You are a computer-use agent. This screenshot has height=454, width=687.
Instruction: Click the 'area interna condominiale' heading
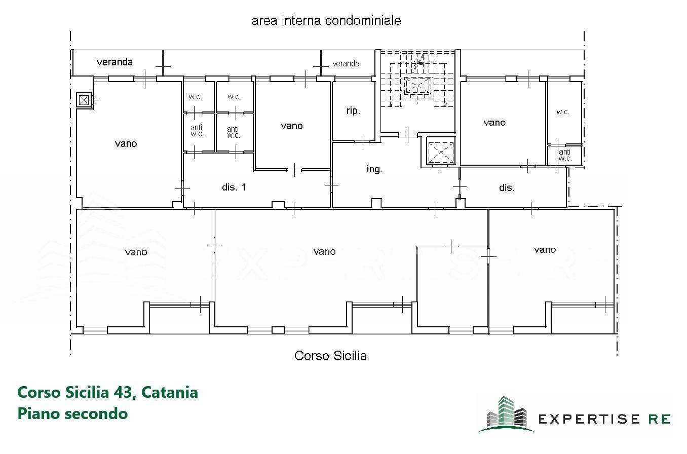pyautogui.click(x=326, y=21)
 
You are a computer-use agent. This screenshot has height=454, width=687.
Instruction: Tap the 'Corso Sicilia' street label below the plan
pyautogui.click(x=330, y=356)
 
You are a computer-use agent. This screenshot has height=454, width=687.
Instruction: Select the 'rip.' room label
pyautogui.click(x=353, y=111)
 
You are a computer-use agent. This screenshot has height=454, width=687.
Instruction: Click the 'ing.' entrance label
pyautogui.click(x=374, y=170)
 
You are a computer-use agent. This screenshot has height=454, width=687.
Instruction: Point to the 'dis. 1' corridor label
pyautogui.click(x=234, y=187)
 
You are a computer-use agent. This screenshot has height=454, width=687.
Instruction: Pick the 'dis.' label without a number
pyautogui.click(x=507, y=188)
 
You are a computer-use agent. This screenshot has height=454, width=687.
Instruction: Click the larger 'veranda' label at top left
pyautogui.click(x=114, y=62)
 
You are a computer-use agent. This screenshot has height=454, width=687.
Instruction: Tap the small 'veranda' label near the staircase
pyautogui.click(x=346, y=63)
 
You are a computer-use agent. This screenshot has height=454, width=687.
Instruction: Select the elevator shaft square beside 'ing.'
pyautogui.click(x=440, y=152)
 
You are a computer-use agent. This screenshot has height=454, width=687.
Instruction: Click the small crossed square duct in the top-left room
pyautogui.click(x=84, y=100)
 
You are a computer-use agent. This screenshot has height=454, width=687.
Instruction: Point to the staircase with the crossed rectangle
pyautogui.click(x=418, y=85)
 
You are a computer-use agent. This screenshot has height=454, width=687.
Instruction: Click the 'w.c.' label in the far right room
pyautogui.click(x=563, y=112)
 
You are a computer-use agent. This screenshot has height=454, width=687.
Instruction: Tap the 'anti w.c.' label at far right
pyautogui.click(x=564, y=155)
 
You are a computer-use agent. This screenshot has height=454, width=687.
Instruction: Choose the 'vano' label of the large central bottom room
pyautogui.click(x=324, y=251)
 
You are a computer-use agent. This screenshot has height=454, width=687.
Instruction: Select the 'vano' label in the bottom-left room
pyautogui.click(x=136, y=252)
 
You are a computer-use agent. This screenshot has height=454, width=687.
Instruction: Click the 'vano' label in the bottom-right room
pyautogui.click(x=545, y=250)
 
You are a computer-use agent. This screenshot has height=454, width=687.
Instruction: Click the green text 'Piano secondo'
pyautogui.click(x=72, y=413)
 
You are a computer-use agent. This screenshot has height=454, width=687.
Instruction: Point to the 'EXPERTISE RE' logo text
pyautogui.click(x=604, y=419)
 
